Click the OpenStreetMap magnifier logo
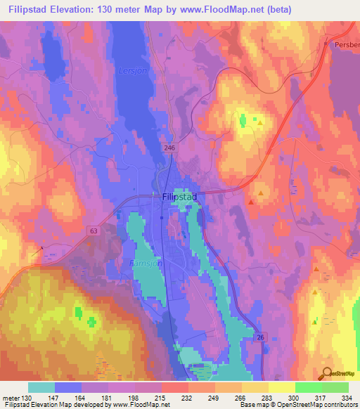point(326,372)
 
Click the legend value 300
point(294,397)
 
